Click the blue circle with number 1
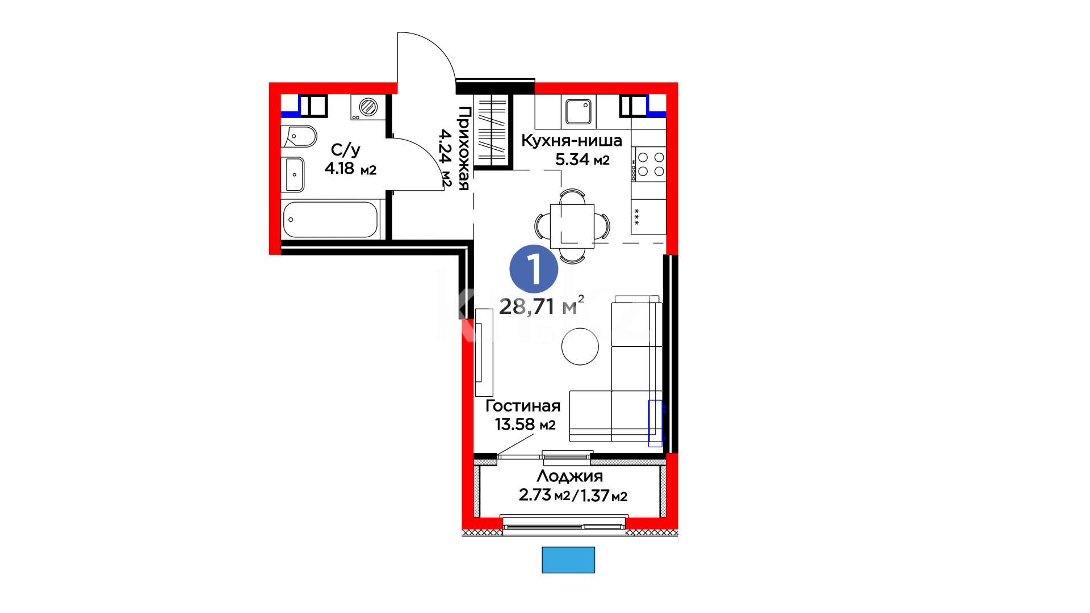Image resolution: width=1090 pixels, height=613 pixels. (534, 269)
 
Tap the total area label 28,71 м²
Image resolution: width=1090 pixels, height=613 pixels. (542, 306)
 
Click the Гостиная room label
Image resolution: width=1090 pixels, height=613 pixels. (523, 406)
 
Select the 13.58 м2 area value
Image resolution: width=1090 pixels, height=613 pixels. (525, 425)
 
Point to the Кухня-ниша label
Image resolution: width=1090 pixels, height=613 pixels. (572, 140)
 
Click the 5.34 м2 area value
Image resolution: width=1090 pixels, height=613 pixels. (582, 159)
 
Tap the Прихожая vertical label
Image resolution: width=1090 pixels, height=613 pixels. (464, 148)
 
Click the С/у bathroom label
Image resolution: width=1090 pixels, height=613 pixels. (346, 150)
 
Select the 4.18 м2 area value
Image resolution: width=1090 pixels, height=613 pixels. (350, 169)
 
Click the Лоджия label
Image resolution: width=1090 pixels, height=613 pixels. (570, 476)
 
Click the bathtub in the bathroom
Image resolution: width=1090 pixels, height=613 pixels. (330, 220)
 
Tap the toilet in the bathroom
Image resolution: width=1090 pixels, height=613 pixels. (299, 136)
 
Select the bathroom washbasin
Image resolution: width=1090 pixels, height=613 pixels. (293, 174)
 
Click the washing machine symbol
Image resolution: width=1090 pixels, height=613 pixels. (368, 107)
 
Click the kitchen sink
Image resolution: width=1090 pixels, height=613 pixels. (578, 112)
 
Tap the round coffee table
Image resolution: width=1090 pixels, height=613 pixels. (580, 346)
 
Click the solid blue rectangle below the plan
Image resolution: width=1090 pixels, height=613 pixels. (568, 560)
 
